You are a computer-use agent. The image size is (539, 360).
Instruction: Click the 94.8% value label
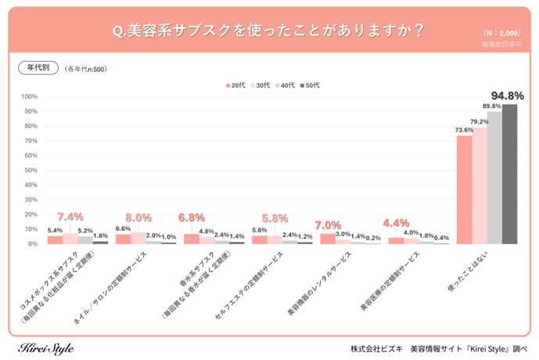(x=508, y=96)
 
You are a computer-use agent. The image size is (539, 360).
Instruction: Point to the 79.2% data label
(x=480, y=121)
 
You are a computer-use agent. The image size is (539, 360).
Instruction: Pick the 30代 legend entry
(x=262, y=85)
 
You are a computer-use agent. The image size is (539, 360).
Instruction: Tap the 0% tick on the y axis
(x=34, y=244)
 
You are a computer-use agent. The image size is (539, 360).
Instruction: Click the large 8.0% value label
(x=138, y=218)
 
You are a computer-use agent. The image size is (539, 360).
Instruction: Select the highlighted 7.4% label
(x=70, y=216)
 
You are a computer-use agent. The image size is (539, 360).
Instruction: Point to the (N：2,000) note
(x=501, y=34)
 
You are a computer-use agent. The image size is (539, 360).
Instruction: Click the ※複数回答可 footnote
(x=501, y=45)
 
